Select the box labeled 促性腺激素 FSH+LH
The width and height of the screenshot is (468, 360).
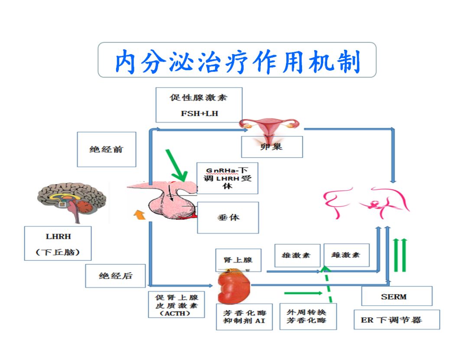click(x=199, y=105)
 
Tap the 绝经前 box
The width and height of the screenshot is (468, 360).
click(x=107, y=149)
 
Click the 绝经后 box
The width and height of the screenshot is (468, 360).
click(x=115, y=276)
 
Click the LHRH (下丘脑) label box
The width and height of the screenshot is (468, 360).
click(x=58, y=243)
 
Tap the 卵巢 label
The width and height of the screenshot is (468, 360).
click(x=272, y=147)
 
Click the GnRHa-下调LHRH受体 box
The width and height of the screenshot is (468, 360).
click(x=227, y=178)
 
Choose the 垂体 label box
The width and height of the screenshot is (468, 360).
click(x=228, y=217)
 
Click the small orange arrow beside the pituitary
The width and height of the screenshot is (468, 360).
click(x=139, y=214)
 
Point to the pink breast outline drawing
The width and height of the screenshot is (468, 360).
click(x=367, y=202)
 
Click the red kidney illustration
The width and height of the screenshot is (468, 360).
click(x=234, y=286)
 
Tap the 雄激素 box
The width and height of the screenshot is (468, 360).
click(x=298, y=255)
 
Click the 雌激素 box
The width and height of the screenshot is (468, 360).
click(x=347, y=255)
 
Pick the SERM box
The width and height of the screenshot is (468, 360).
click(x=396, y=296)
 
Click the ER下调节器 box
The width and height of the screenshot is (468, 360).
click(x=396, y=320)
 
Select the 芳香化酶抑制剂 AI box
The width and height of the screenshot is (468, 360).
click(x=244, y=317)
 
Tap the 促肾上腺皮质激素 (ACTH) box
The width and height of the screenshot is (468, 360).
click(x=176, y=305)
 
